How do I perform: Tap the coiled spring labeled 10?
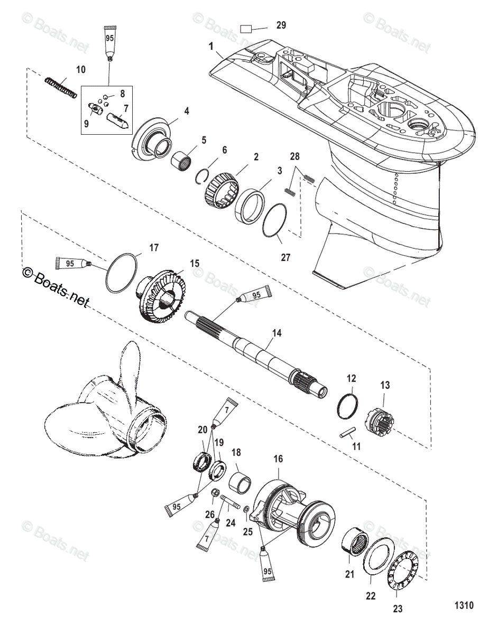click(61, 87)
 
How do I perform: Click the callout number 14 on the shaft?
click(277, 333)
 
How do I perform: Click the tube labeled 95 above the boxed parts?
click(110, 42)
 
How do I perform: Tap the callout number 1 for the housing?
click(211, 47)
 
